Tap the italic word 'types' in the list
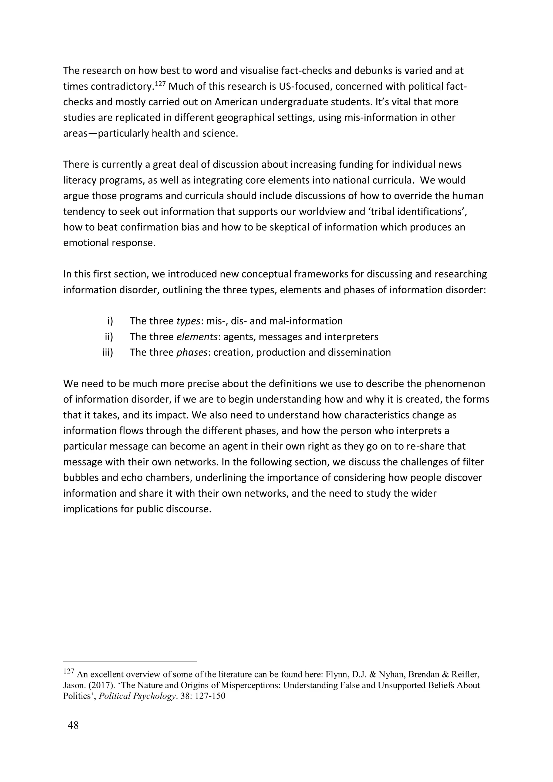click(x=188, y=321)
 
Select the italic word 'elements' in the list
click(x=197, y=337)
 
